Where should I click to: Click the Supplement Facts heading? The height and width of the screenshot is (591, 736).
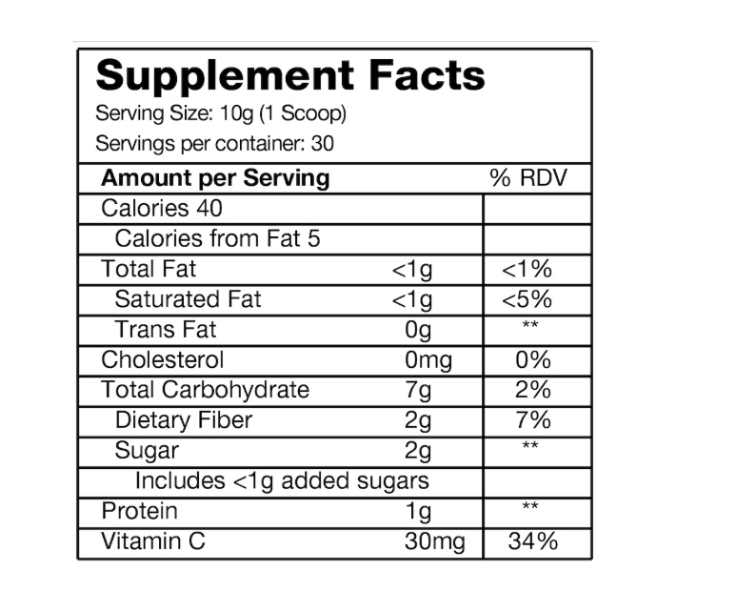(x=290, y=75)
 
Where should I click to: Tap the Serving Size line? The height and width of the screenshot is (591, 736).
(x=220, y=114)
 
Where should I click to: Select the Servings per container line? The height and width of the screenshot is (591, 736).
(x=214, y=144)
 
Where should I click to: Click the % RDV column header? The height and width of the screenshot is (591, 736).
(x=527, y=178)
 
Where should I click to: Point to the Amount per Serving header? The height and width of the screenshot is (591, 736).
(x=215, y=178)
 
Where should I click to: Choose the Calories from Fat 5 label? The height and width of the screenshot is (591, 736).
(x=217, y=238)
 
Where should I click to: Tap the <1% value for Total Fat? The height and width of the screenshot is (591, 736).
(x=527, y=270)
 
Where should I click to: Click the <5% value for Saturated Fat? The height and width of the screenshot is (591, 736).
(x=527, y=299)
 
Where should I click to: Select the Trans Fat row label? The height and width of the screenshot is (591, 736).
(x=165, y=330)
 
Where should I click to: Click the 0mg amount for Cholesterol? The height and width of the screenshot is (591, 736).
(x=428, y=360)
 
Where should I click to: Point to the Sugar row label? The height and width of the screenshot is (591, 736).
(x=147, y=450)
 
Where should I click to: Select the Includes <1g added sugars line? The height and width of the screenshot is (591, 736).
(x=282, y=480)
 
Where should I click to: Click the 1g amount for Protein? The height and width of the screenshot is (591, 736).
(x=418, y=512)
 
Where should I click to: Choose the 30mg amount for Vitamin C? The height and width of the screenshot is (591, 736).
(x=435, y=542)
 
